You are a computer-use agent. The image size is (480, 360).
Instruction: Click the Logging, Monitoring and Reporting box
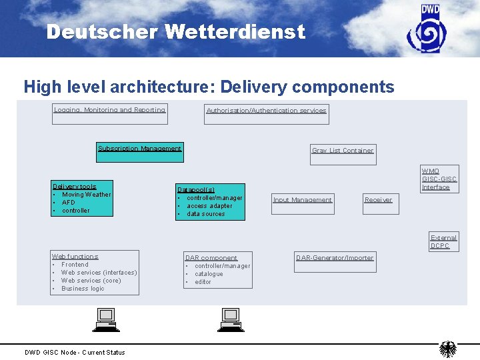(109, 114)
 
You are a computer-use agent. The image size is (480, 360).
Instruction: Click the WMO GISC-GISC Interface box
(439, 179)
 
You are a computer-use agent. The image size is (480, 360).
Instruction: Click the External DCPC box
(443, 241)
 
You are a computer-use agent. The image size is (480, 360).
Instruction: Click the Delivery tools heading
(74, 187)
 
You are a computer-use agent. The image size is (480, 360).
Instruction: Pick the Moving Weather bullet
(86, 195)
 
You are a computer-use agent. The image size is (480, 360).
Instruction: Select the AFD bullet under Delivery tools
(69, 203)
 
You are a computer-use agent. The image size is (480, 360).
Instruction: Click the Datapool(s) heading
(196, 190)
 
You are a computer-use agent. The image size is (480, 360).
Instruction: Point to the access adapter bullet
(209, 206)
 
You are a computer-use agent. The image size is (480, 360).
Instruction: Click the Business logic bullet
(83, 289)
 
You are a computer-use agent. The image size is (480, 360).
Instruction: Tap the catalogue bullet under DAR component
(209, 274)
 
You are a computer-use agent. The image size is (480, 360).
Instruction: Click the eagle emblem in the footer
(448, 349)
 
